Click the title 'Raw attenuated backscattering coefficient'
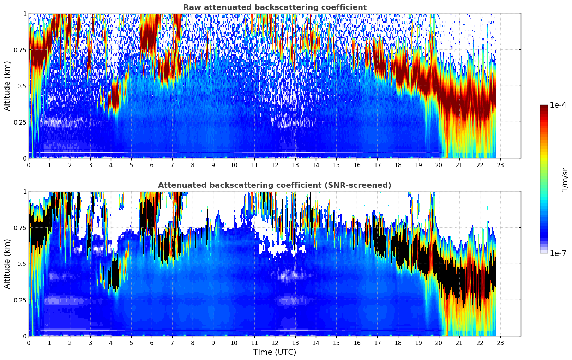(275, 7)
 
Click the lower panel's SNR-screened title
(275, 185)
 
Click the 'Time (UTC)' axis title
(275, 352)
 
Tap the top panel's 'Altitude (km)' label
(7, 86)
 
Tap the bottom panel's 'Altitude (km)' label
(7, 264)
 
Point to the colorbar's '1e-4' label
(558, 105)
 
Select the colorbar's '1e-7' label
(558, 253)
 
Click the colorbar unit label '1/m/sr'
(565, 180)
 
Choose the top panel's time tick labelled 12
(275, 165)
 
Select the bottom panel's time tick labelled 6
(152, 343)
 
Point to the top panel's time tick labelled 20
(439, 165)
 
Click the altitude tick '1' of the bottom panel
(25, 192)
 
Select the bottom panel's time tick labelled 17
(377, 343)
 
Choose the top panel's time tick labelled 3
(90, 165)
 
